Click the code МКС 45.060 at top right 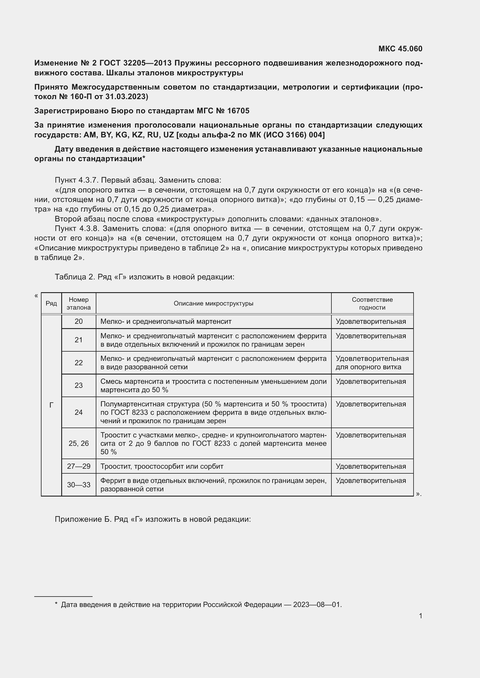click(x=400, y=49)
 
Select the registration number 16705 click(x=239, y=111)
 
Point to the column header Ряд click(x=51, y=303)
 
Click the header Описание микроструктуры click(x=213, y=303)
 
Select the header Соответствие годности click(x=372, y=303)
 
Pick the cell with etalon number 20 click(x=79, y=321)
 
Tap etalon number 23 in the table click(x=79, y=385)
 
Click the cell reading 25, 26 click(x=79, y=443)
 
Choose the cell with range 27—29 click(x=79, y=466)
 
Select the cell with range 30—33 click(x=79, y=485)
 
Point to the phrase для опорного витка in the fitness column click(x=368, y=367)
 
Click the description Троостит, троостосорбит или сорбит click(x=162, y=466)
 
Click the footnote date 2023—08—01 click(x=317, y=605)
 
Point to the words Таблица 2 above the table click(x=74, y=277)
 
